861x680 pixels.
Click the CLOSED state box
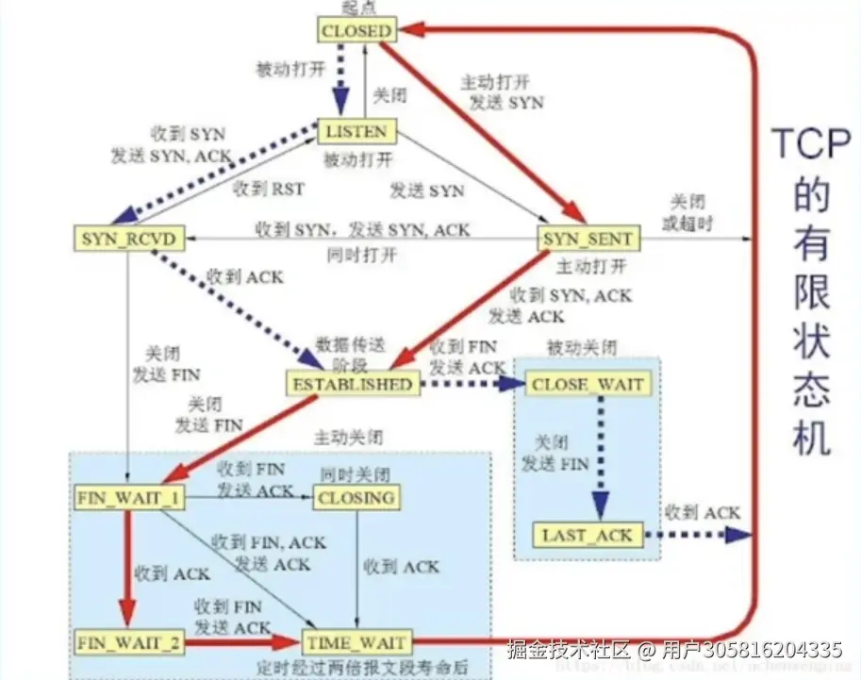(x=356, y=31)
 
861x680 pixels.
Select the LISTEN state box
(x=356, y=131)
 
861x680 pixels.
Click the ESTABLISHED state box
(x=351, y=384)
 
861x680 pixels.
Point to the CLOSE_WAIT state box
(x=587, y=384)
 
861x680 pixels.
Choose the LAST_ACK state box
(x=586, y=536)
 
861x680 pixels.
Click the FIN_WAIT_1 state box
(x=129, y=497)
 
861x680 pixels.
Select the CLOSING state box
(x=356, y=497)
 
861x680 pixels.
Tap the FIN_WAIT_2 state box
(x=129, y=643)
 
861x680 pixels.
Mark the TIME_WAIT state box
(x=356, y=643)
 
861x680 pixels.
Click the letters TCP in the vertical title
(x=802, y=146)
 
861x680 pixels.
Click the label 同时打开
(x=361, y=256)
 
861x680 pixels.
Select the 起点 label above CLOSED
(x=355, y=8)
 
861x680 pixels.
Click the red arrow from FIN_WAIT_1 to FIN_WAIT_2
(x=124, y=559)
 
